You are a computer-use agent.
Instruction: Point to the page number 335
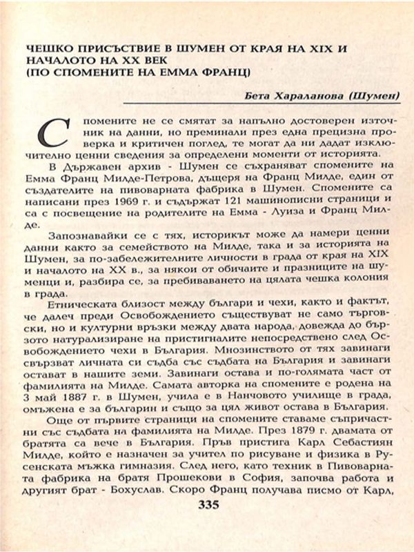[x=208, y=506]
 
